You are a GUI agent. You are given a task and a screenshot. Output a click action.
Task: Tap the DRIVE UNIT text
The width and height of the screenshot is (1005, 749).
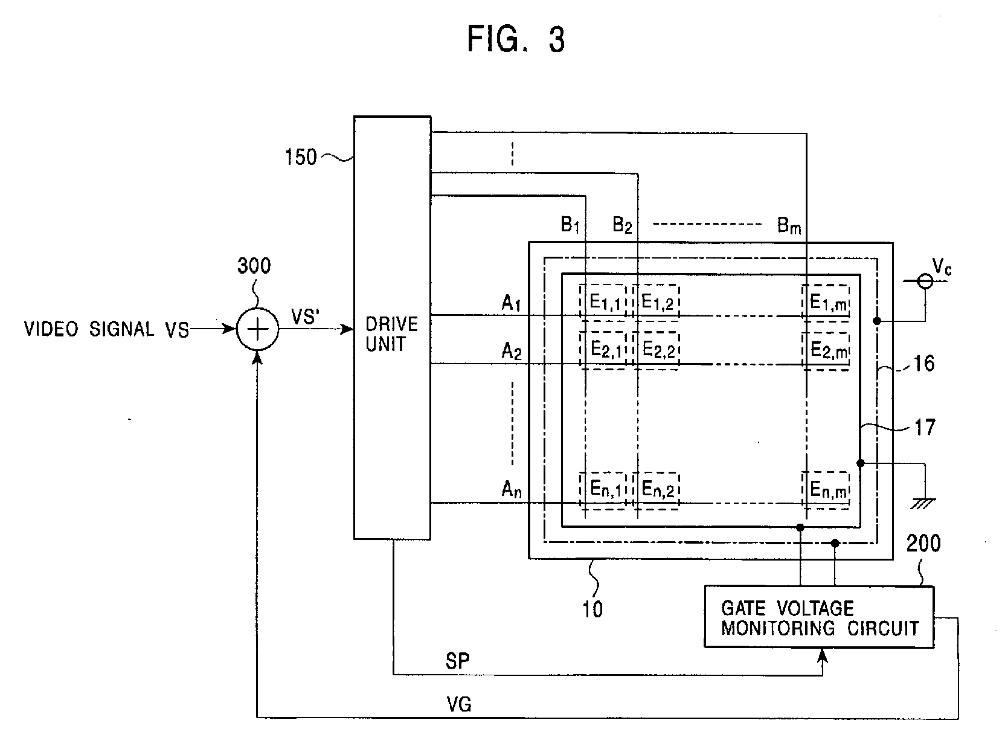[x=391, y=334]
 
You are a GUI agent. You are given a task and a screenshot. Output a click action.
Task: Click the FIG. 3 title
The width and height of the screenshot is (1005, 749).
[x=516, y=39]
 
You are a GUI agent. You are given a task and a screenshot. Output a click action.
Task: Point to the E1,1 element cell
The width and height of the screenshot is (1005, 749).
[x=603, y=302]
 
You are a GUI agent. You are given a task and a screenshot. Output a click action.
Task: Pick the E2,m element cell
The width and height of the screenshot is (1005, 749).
[x=826, y=351]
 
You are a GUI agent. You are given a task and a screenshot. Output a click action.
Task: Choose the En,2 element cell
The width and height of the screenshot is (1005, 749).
[x=656, y=490]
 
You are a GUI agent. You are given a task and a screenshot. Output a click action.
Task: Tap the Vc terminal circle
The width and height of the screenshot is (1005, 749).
[x=925, y=281]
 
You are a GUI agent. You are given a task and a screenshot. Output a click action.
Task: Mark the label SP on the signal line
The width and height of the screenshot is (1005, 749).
[x=457, y=661]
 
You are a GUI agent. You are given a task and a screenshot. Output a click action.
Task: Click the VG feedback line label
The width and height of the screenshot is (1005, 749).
[x=459, y=704]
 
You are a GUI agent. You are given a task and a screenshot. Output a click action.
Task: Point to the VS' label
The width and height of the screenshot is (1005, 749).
[x=305, y=317]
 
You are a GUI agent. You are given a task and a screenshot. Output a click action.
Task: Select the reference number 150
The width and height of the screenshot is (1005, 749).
[x=300, y=157]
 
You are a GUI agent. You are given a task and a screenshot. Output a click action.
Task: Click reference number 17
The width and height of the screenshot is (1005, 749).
[x=925, y=428]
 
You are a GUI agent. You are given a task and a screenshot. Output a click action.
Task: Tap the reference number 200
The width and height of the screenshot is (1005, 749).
[x=923, y=544]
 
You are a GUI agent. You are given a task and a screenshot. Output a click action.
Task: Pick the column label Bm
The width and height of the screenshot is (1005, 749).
[x=789, y=225]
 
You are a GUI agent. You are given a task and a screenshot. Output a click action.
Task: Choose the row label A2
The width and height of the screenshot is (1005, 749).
[x=512, y=352]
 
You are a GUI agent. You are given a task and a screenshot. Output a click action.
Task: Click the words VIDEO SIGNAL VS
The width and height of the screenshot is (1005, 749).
[x=106, y=329]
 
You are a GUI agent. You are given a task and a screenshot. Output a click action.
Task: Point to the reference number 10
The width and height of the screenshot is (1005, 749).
[x=592, y=609]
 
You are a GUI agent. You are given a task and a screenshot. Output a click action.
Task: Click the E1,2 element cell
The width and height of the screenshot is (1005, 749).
[x=656, y=302]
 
